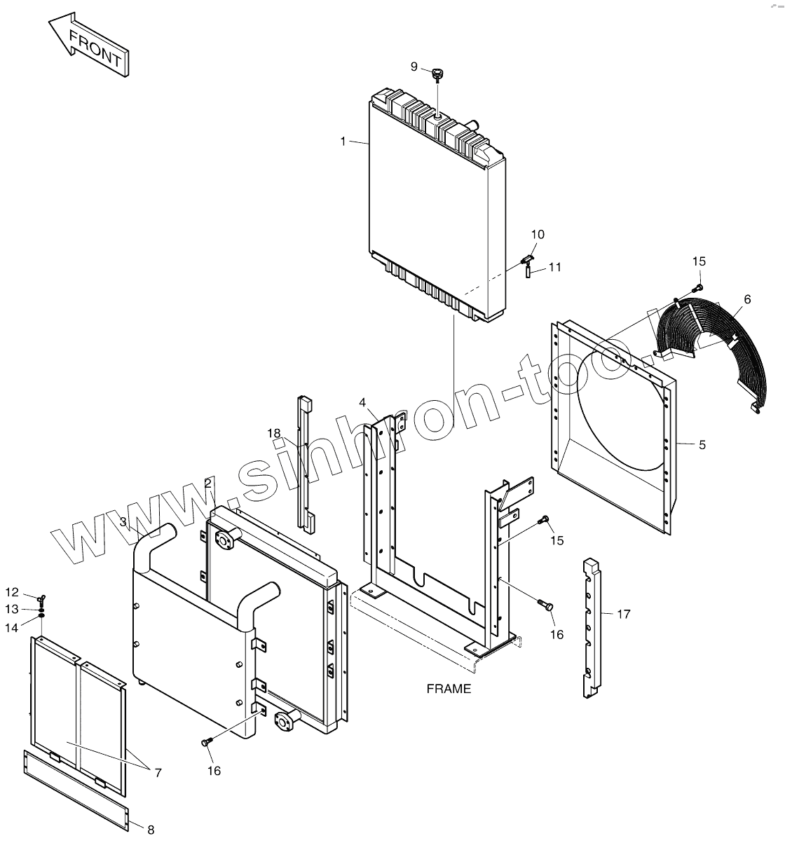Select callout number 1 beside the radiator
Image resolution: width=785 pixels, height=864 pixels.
(x=343, y=142)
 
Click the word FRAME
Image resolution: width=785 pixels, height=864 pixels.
(x=449, y=689)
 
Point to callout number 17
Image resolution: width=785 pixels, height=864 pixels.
(x=624, y=615)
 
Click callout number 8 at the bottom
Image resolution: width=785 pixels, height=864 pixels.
(x=151, y=830)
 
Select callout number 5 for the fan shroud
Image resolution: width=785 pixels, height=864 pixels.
(x=702, y=444)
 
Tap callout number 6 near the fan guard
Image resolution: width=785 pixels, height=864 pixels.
(x=747, y=299)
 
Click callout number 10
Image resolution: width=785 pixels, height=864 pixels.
(x=538, y=234)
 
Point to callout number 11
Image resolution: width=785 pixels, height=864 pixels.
(x=555, y=267)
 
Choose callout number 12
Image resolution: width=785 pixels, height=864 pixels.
(x=13, y=592)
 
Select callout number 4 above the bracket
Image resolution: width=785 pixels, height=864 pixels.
(x=362, y=402)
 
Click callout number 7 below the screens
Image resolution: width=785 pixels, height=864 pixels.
(x=158, y=773)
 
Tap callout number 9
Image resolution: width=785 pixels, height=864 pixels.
(x=414, y=67)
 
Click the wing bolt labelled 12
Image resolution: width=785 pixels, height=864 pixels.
(x=42, y=598)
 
